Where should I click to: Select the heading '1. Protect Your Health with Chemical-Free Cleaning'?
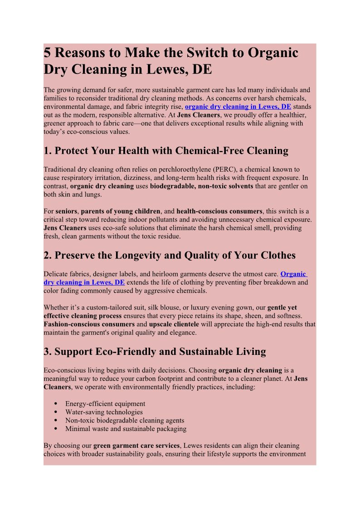(x=166, y=150)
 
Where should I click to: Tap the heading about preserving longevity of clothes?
(x=170, y=255)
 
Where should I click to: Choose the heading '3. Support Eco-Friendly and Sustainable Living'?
(x=155, y=351)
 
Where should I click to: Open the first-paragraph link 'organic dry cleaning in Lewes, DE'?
(x=238, y=107)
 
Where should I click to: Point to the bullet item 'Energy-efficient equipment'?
(x=105, y=404)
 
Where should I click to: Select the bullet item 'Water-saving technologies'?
(x=104, y=412)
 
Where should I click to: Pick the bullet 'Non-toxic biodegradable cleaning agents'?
(x=125, y=420)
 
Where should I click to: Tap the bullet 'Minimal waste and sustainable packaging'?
(x=126, y=429)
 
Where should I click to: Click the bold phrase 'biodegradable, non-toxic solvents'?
(x=202, y=186)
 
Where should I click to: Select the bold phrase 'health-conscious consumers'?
(x=219, y=211)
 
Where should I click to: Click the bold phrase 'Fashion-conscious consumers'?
(x=89, y=325)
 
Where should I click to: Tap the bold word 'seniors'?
(x=66, y=211)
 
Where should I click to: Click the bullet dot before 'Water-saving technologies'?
(x=55, y=412)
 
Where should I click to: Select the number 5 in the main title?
(x=47, y=53)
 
